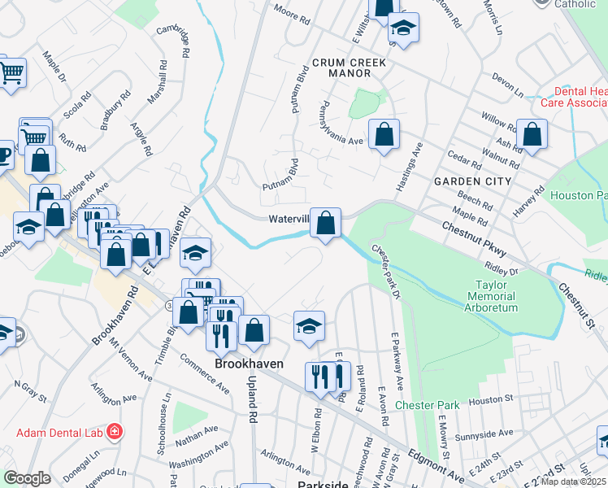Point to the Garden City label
[x=472, y=181]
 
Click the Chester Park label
[x=428, y=404]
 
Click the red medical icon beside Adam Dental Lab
[x=115, y=429]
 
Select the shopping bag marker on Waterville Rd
[x=325, y=223]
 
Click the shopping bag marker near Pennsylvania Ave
[x=384, y=134]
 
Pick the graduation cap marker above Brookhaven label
[x=309, y=325]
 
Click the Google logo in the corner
[x=27, y=478]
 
